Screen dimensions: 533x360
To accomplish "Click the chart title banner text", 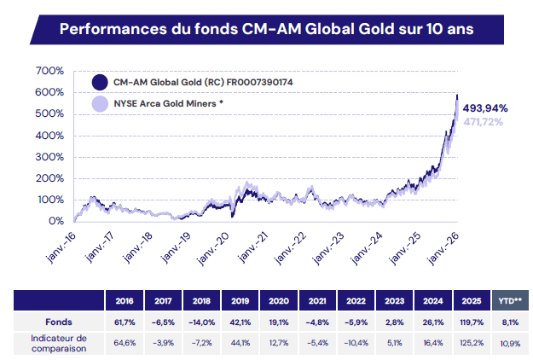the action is pos(266,29).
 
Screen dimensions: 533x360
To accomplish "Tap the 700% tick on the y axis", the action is pos(49,71).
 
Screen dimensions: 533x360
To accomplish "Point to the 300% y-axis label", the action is pos(49,157).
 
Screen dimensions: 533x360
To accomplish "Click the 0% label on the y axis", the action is pos(56,221).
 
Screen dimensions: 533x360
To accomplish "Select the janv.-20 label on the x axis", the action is pos(213,249).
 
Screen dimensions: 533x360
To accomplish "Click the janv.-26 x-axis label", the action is pos(443,249).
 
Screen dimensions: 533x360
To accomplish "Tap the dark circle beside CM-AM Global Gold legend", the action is pos(100,82).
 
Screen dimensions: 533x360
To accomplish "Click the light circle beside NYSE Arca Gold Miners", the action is pos(100,104).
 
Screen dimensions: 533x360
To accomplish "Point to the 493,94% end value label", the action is pos(485,108).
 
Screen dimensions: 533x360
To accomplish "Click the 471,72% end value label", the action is pos(483,122).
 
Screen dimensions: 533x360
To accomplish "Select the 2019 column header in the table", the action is pos(240,301).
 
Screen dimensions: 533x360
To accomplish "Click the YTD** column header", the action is pos(510,300).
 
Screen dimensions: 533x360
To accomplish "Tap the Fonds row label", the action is pos(59,322).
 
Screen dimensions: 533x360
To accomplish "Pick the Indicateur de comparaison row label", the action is pos(59,343).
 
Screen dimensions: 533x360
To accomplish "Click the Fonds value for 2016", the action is pos(125,322).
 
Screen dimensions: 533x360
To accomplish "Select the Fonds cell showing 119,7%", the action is pos(472,322).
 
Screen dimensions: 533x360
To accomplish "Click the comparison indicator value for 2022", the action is pos(356,343).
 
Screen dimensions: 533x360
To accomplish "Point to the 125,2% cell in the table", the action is pos(472,343).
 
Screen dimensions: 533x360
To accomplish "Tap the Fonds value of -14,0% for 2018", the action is pos(201,322).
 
